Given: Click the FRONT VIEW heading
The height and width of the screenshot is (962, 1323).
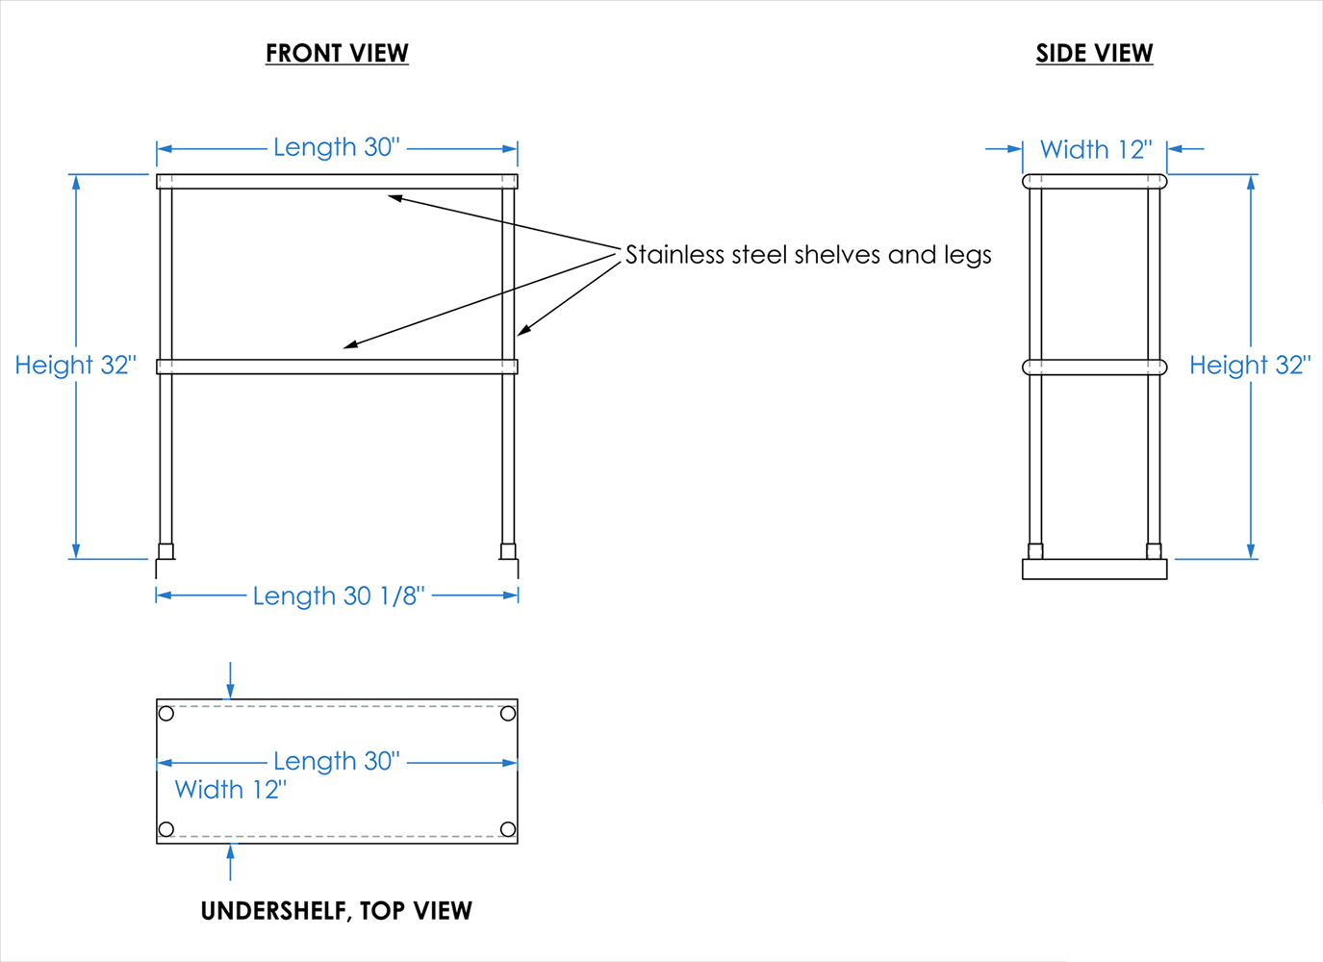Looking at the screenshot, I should coord(337,54).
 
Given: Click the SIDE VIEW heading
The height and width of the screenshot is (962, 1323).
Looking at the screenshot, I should coord(1094,54).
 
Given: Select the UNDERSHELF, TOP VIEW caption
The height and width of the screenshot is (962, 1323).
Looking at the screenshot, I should coord(337,911).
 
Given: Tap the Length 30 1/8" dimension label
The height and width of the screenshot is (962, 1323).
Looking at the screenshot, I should coord(339,596).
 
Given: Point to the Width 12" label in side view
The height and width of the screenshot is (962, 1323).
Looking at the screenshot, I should coord(1096,150).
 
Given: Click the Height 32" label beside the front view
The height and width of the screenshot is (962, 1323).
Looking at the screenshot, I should coord(76,366).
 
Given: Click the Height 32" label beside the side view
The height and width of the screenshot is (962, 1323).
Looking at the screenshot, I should coord(1250,366).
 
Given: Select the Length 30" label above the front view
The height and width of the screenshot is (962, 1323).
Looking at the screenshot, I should coord(337,147).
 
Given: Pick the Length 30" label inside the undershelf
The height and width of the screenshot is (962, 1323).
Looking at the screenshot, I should coord(337,761).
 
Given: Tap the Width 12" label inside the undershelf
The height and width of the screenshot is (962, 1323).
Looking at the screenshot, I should coord(231,790).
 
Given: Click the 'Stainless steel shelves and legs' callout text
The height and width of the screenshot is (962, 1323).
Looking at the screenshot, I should coord(808,255).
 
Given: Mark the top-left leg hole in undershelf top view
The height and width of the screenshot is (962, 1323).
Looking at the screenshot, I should coord(166,714).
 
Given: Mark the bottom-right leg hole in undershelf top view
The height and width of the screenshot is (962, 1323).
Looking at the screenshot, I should coord(508,829).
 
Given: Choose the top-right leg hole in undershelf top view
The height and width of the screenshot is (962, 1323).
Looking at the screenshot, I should coord(508,714).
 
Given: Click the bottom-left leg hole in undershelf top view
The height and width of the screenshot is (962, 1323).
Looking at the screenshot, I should coord(166,829).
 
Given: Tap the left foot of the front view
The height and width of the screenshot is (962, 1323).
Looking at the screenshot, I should coord(166,552).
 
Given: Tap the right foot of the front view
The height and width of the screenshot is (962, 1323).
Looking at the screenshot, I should coord(508,552).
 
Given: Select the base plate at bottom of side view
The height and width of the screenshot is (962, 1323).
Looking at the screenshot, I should coord(1094,570).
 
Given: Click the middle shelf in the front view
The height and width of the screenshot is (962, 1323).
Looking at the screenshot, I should coord(337,367).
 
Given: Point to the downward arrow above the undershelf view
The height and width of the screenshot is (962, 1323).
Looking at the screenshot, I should coord(230,679).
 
